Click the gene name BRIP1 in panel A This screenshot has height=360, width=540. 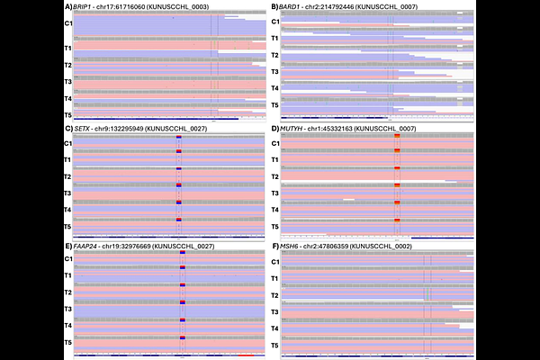[x=84, y=6]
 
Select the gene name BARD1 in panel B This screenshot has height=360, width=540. [x=290, y=6]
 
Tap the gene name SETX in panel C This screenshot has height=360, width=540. [x=83, y=128]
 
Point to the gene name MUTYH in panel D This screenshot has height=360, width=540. [x=292, y=128]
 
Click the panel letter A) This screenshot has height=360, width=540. [x=68, y=6]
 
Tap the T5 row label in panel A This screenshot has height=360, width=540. [x=68, y=116]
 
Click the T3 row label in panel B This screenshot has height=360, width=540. [x=275, y=72]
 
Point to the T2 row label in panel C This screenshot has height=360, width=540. [x=68, y=176]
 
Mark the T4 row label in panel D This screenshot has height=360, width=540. [x=275, y=210]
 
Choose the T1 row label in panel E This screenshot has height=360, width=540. [x=68, y=276]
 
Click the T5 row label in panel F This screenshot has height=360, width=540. [x=275, y=346]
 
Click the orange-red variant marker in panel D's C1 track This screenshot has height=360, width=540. [x=397, y=136]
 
